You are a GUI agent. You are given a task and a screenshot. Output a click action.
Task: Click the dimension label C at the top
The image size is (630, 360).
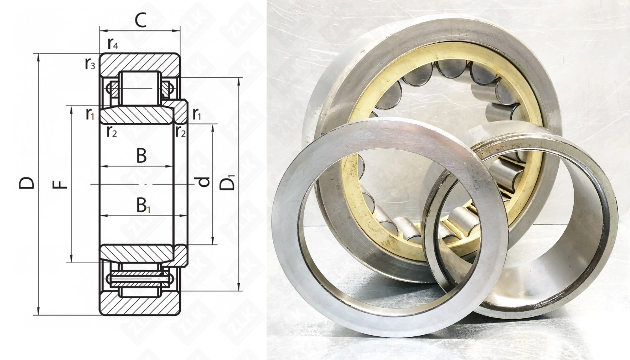coord(141,20)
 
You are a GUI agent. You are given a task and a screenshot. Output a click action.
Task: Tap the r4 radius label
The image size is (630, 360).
coord(113,44)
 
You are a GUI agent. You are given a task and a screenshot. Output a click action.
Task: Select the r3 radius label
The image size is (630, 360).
coord(90,64)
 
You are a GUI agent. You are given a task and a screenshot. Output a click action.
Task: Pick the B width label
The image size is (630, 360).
coord(141,156)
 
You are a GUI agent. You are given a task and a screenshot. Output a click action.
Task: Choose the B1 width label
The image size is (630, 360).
coord(143,205)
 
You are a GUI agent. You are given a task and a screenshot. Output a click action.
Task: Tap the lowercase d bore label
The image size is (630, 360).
coord(204,182)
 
